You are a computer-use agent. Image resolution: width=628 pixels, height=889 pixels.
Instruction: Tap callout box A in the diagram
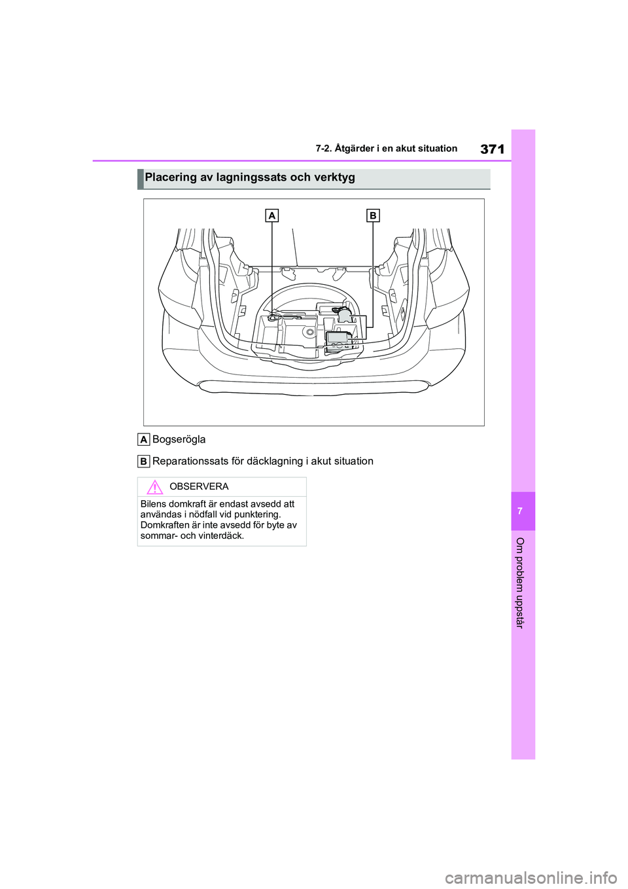tap(272, 215)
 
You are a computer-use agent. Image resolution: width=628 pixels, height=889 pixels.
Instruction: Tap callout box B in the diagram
tap(373, 215)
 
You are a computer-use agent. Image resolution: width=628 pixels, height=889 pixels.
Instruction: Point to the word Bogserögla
tap(179, 439)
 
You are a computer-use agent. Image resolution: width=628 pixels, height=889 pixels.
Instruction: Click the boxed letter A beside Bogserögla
tap(144, 439)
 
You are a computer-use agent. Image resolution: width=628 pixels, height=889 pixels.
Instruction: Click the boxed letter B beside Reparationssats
tap(144, 462)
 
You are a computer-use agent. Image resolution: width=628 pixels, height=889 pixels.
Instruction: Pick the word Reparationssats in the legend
tap(190, 462)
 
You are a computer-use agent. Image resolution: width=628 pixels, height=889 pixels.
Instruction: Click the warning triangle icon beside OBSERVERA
tap(154, 487)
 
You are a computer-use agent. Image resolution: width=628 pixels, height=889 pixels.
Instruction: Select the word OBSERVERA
tap(199, 487)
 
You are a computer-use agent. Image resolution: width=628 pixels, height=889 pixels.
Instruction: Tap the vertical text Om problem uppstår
tap(521, 583)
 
